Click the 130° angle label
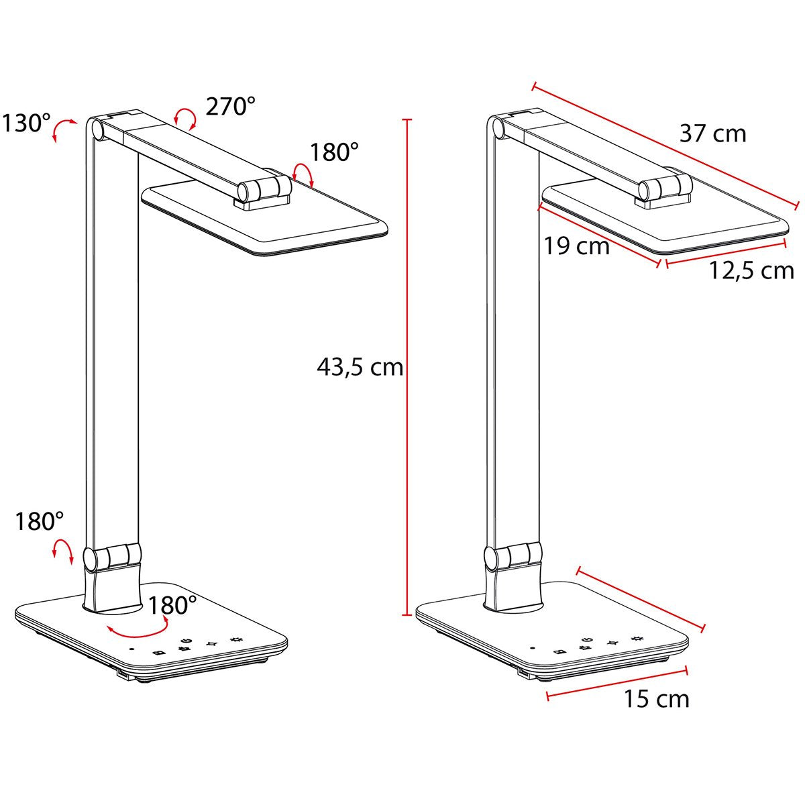click(25, 123)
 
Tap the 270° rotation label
click(230, 107)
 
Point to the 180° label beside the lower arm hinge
click(40, 521)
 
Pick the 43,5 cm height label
click(360, 367)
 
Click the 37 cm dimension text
click(712, 133)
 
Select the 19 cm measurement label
click(576, 246)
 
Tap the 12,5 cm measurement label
click(751, 270)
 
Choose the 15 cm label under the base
click(656, 699)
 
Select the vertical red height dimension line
click(406, 367)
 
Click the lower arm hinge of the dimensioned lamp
click(513, 556)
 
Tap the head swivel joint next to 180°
click(263, 189)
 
